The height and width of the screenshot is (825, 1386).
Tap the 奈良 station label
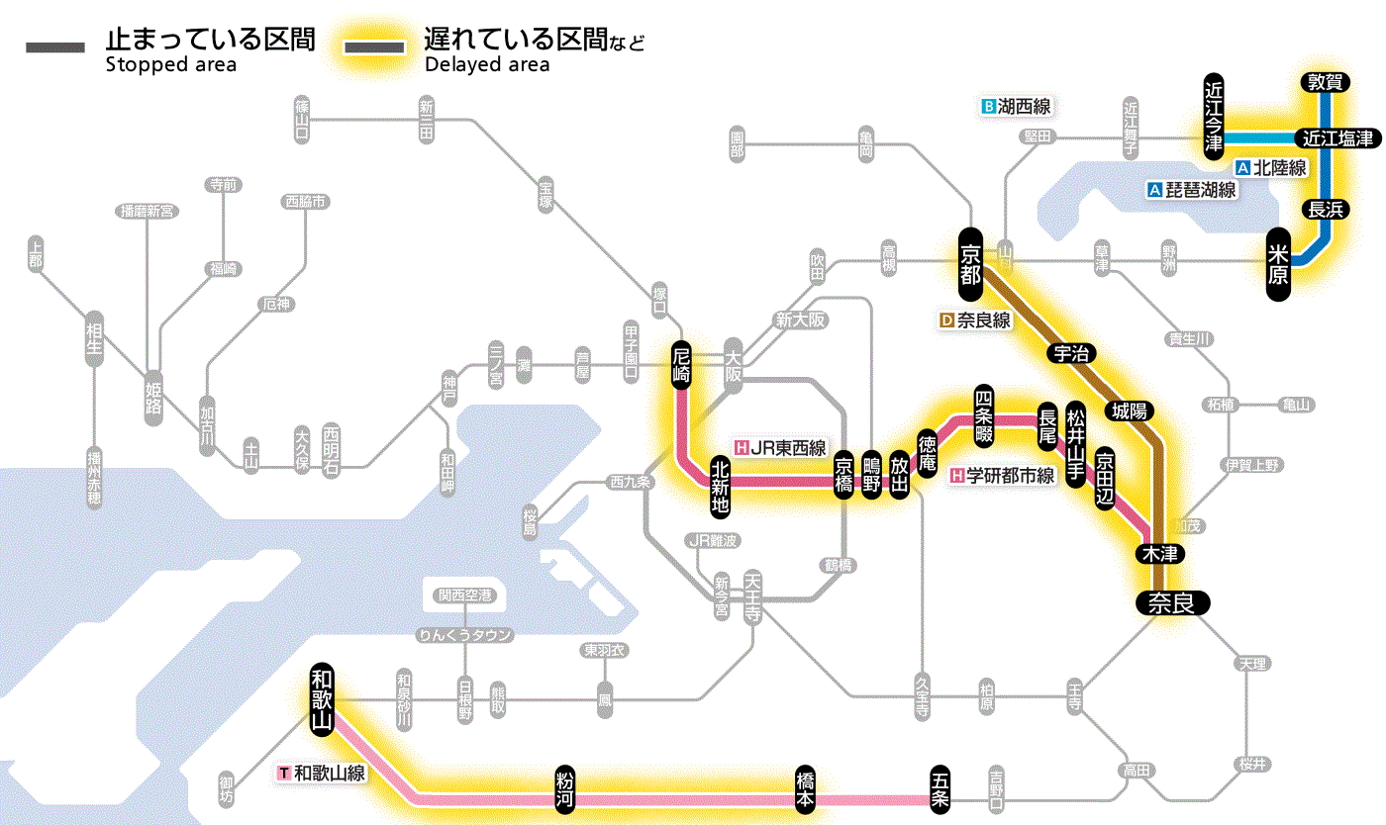1172,602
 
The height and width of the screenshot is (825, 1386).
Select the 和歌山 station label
321,698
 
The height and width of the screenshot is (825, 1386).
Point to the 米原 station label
1279,265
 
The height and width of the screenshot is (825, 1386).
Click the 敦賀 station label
1325,82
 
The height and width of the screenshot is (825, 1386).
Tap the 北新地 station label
721,486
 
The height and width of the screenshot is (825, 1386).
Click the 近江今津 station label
1214,114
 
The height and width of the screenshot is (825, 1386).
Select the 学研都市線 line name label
1002,476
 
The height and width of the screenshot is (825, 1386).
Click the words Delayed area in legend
486,65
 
